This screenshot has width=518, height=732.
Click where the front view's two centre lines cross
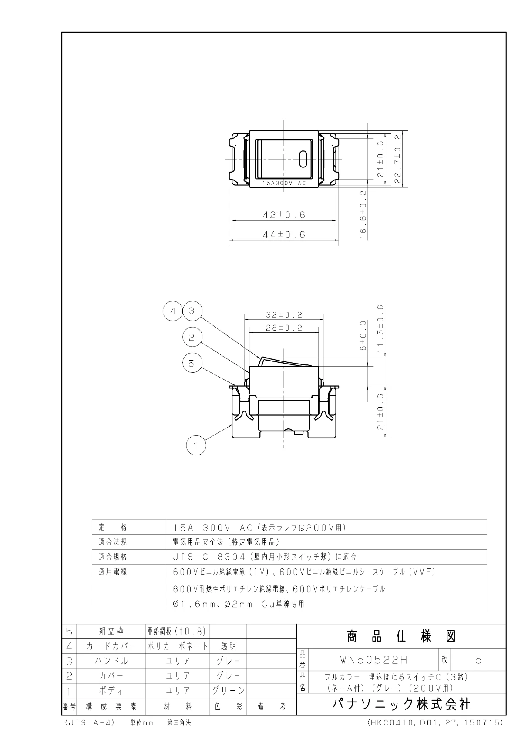click(x=284, y=159)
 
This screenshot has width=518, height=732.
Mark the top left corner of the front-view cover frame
click(x=249, y=131)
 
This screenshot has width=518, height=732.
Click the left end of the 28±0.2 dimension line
click(x=249, y=333)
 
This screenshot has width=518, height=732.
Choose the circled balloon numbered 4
click(x=173, y=311)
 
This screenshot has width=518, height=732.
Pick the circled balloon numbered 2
click(x=192, y=337)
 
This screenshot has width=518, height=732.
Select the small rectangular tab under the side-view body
click(x=298, y=433)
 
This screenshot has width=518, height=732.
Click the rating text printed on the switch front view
click(x=284, y=184)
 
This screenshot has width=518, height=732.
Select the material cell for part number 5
click(x=177, y=632)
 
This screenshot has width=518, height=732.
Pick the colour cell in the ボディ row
click(x=228, y=690)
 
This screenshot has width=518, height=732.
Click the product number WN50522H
click(x=374, y=660)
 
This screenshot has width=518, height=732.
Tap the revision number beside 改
click(x=478, y=660)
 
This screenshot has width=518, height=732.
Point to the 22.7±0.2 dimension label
click(x=398, y=159)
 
